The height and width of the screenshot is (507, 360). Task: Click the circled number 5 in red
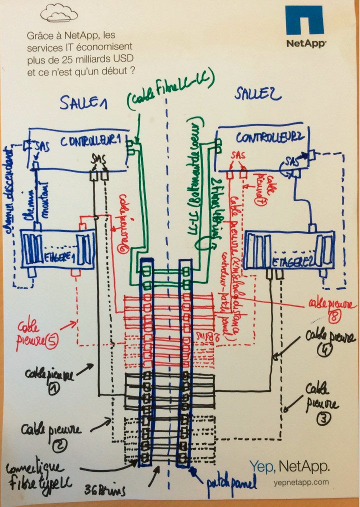[x=51, y=343]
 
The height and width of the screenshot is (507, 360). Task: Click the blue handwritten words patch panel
[x=232, y=483]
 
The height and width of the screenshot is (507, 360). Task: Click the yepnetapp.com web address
[x=301, y=482]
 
